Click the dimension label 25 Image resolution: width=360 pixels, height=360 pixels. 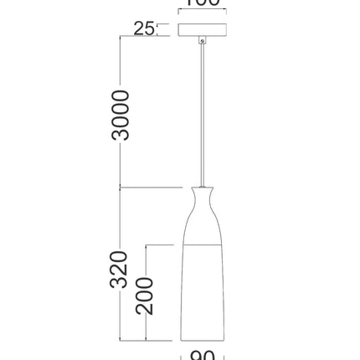[144, 28]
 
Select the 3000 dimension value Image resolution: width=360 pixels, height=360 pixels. [121, 115]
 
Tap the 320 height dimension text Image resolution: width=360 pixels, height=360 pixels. [121, 270]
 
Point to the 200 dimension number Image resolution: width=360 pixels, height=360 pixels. [146, 295]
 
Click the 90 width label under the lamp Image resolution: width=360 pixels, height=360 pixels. [202, 355]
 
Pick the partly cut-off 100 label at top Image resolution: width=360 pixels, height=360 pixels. [202, 3]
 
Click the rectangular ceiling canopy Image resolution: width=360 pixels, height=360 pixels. [202, 29]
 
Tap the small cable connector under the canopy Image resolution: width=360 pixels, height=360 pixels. [202, 41]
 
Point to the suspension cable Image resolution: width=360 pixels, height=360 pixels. [202, 109]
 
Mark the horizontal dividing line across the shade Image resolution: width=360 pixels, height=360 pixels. [202, 244]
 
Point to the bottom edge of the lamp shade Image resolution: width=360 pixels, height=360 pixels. [202, 342]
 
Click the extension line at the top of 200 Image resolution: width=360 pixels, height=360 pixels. [163, 244]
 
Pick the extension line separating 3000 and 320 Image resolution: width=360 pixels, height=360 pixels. [151, 187]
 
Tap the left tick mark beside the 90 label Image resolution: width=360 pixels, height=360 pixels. [182, 355]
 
